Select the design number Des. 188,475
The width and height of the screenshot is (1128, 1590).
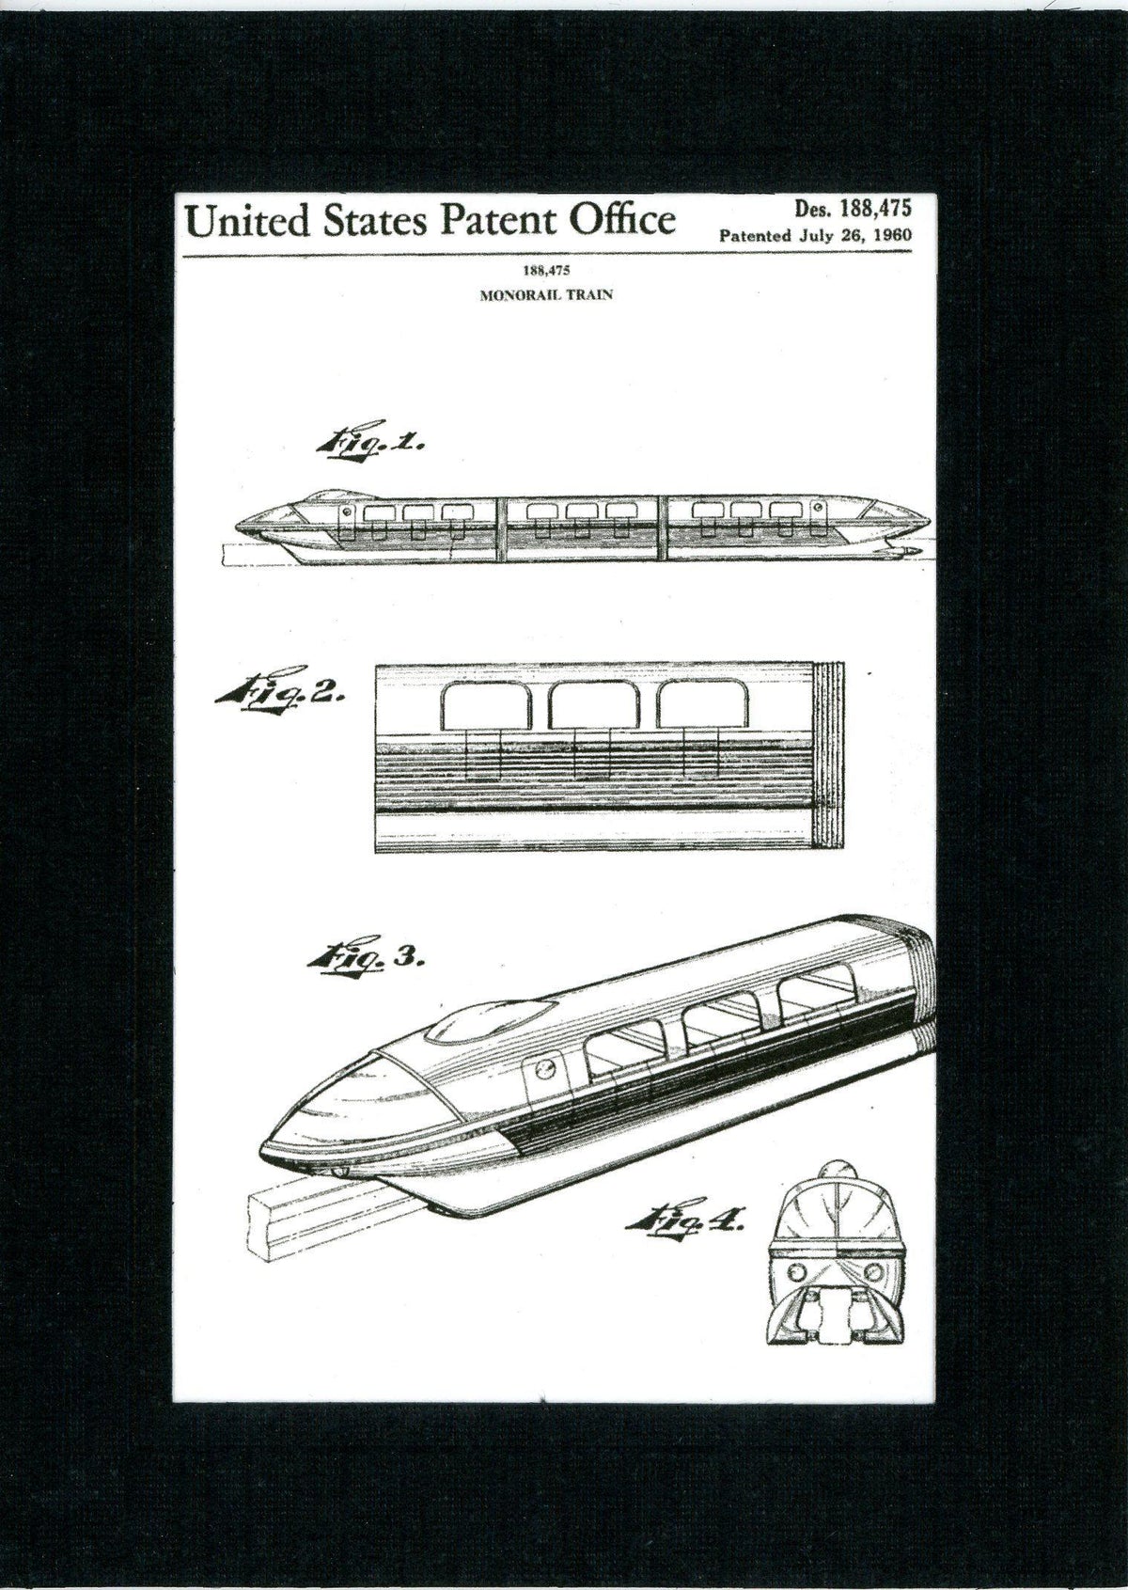(x=853, y=209)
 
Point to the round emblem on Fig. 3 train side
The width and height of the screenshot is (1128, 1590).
(x=543, y=1070)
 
